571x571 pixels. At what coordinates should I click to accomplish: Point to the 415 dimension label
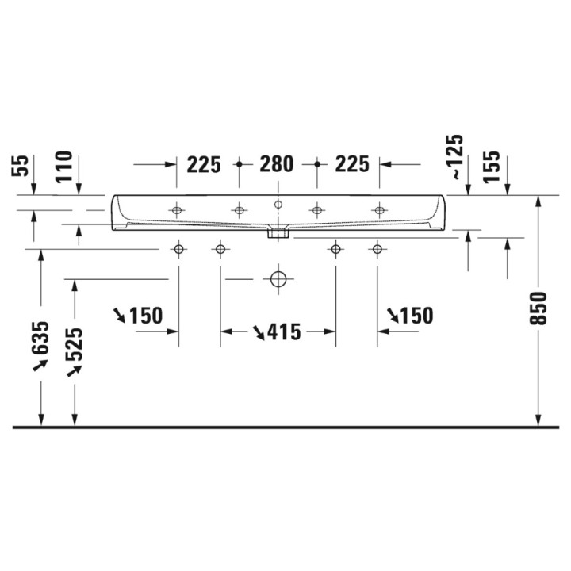284,332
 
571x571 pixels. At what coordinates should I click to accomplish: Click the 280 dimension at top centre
277,164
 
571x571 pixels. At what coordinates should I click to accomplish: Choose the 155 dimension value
491,167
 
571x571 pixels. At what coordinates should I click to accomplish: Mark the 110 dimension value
64,167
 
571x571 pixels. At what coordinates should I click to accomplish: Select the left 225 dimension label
204,164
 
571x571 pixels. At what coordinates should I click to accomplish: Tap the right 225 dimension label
352,164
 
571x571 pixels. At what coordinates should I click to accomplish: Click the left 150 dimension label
145,316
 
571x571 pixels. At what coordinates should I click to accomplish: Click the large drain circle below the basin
278,279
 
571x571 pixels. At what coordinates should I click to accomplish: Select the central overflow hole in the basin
278,205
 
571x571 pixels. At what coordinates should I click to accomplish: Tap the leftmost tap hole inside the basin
176,210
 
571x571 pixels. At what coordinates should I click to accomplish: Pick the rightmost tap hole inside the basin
380,210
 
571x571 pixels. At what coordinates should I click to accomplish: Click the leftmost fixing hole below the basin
178,250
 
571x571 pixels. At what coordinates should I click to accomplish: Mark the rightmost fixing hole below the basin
377,250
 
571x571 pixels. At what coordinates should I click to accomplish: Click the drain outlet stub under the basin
278,232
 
